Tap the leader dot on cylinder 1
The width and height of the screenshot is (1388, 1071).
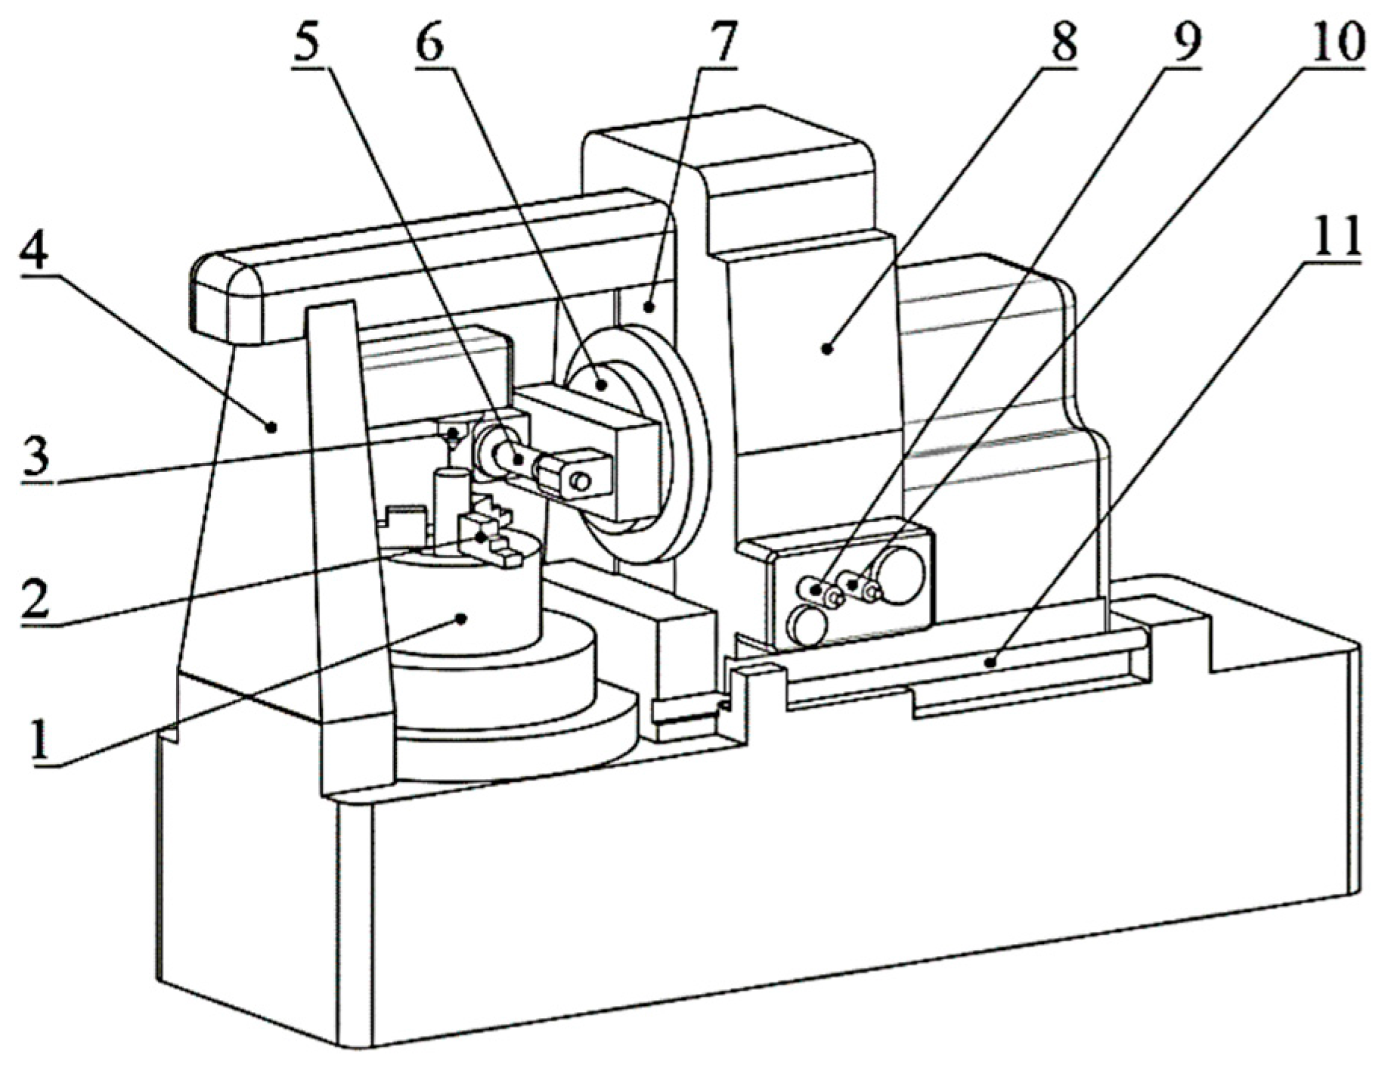[461, 618]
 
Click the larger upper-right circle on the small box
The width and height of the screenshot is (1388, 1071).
[900, 576]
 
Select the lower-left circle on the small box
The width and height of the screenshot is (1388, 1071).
[808, 625]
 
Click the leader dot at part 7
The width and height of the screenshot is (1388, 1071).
[649, 306]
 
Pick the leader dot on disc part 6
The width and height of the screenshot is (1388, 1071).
[603, 384]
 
